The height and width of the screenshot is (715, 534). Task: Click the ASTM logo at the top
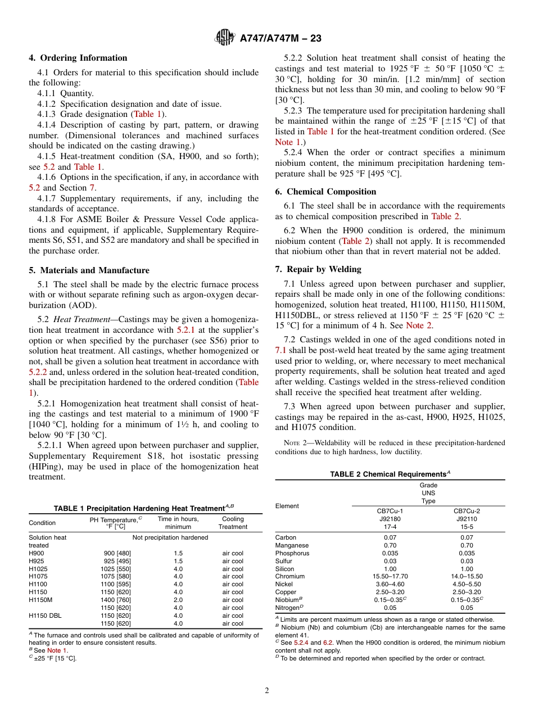pos(224,38)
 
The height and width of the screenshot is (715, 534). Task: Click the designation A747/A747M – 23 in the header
pos(280,39)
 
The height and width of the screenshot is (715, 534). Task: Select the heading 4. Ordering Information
pos(78,58)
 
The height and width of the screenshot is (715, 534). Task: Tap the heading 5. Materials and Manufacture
pos(89,270)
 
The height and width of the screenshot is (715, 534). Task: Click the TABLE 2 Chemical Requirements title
pos(390,474)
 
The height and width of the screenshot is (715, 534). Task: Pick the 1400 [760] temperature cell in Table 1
pos(116,600)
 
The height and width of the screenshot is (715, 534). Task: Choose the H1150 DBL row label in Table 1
pos(45,616)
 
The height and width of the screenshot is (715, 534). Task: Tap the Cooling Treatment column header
pos(233,523)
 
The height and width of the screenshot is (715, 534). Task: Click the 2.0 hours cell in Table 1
pos(178,600)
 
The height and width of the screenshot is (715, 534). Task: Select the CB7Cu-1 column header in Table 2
pos(390,511)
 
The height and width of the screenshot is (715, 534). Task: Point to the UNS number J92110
pos(467,519)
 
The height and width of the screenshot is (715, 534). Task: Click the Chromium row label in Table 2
pos(290,576)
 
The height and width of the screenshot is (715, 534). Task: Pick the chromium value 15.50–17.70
pos(390,576)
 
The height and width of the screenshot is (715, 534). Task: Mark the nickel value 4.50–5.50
pos(467,584)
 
